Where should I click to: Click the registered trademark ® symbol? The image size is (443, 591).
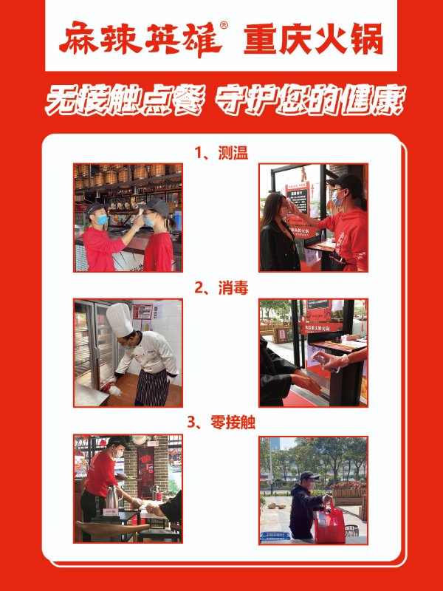coord(224,25)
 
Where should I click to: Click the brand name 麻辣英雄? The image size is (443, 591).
coord(140,38)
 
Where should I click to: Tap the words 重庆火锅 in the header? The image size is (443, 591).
coord(313,39)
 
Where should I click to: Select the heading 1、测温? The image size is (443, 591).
coord(221,154)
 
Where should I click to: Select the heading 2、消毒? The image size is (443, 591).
coord(221,288)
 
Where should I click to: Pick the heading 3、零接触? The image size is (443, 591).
coord(221,423)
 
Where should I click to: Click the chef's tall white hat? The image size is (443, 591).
coord(120,320)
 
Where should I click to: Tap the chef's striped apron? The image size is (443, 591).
coord(152,387)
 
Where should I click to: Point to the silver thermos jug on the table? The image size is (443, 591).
coord(112,497)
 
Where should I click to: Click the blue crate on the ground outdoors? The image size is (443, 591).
coord(275,536)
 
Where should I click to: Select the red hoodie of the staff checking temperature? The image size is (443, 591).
coord(344,238)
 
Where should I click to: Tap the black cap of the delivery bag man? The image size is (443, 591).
coord(309,476)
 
